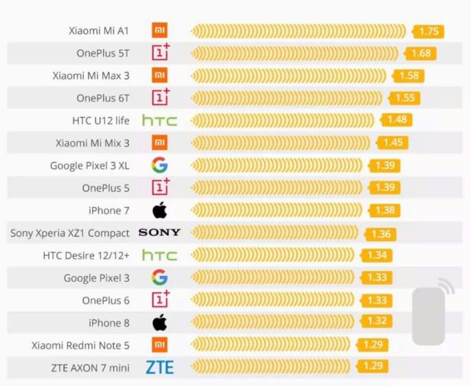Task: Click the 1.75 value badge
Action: [x=429, y=32]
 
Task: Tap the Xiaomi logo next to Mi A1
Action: [x=159, y=31]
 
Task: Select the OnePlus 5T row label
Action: [x=102, y=53]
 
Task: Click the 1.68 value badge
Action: [x=421, y=53]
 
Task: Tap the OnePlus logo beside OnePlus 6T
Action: [x=160, y=98]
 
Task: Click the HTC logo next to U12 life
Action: [x=159, y=121]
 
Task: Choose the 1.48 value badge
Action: [x=397, y=120]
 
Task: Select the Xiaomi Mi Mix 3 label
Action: [x=92, y=143]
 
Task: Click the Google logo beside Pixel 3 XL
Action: [x=159, y=165]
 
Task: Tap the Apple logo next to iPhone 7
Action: [x=160, y=210]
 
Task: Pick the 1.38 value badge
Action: [x=385, y=210]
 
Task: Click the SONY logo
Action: [x=159, y=232]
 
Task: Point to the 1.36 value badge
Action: [x=381, y=234]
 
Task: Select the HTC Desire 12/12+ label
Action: [x=86, y=256]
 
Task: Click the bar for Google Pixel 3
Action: [x=273, y=277]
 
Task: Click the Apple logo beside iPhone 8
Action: [x=160, y=323]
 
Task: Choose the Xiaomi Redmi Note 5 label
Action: [x=80, y=345]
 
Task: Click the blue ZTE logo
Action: [x=159, y=367]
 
